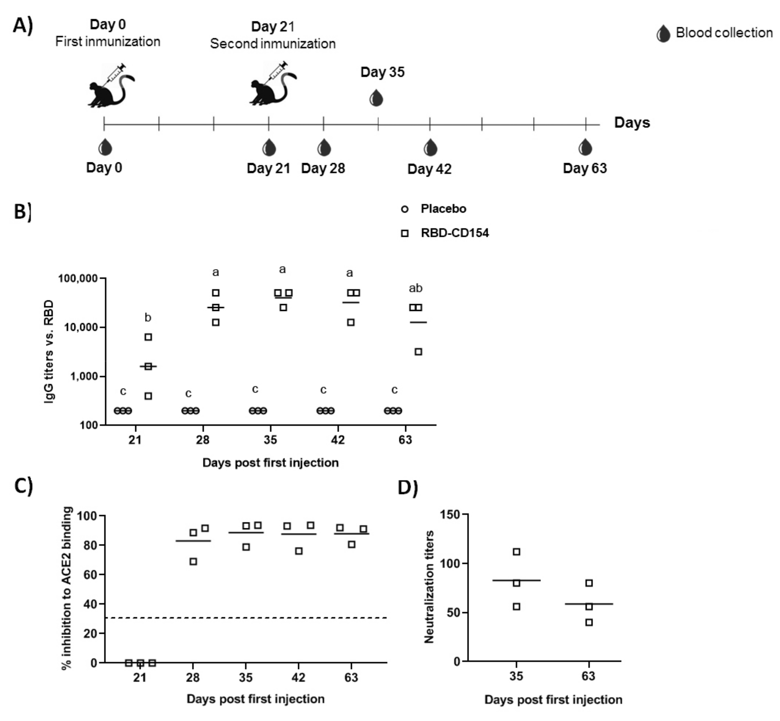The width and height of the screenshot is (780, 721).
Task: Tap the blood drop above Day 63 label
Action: pyautogui.click(x=585, y=147)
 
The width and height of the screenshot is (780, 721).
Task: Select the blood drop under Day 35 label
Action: pyautogui.click(x=376, y=98)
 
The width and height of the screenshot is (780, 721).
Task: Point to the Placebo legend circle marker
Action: pyautogui.click(x=405, y=209)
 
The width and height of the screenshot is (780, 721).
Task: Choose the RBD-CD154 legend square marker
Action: pyautogui.click(x=405, y=233)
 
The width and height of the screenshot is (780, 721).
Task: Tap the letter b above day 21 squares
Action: pyautogui.click(x=148, y=318)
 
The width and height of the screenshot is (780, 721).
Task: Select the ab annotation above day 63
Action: pyautogui.click(x=416, y=288)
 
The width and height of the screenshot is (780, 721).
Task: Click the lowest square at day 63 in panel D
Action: pyautogui.click(x=589, y=622)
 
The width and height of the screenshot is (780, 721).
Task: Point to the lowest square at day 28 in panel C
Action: pyautogui.click(x=193, y=561)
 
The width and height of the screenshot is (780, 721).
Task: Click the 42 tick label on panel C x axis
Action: pyautogui.click(x=298, y=677)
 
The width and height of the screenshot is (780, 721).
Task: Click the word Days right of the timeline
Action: pyautogui.click(x=632, y=123)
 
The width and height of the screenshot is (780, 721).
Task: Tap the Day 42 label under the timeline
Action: pyautogui.click(x=429, y=169)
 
